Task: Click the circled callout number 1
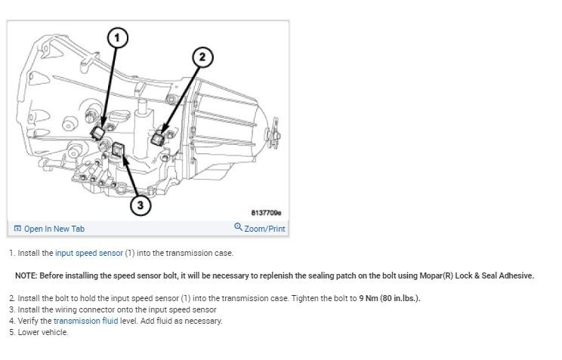(117, 35)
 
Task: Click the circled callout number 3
(140, 204)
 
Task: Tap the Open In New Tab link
(54, 229)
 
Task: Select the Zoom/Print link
(265, 229)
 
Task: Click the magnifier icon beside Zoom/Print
(239, 228)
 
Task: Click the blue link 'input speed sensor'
(88, 253)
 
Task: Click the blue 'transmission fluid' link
(85, 321)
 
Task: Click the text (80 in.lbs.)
(391, 298)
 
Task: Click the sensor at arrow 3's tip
(119, 149)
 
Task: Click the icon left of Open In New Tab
(17, 229)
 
